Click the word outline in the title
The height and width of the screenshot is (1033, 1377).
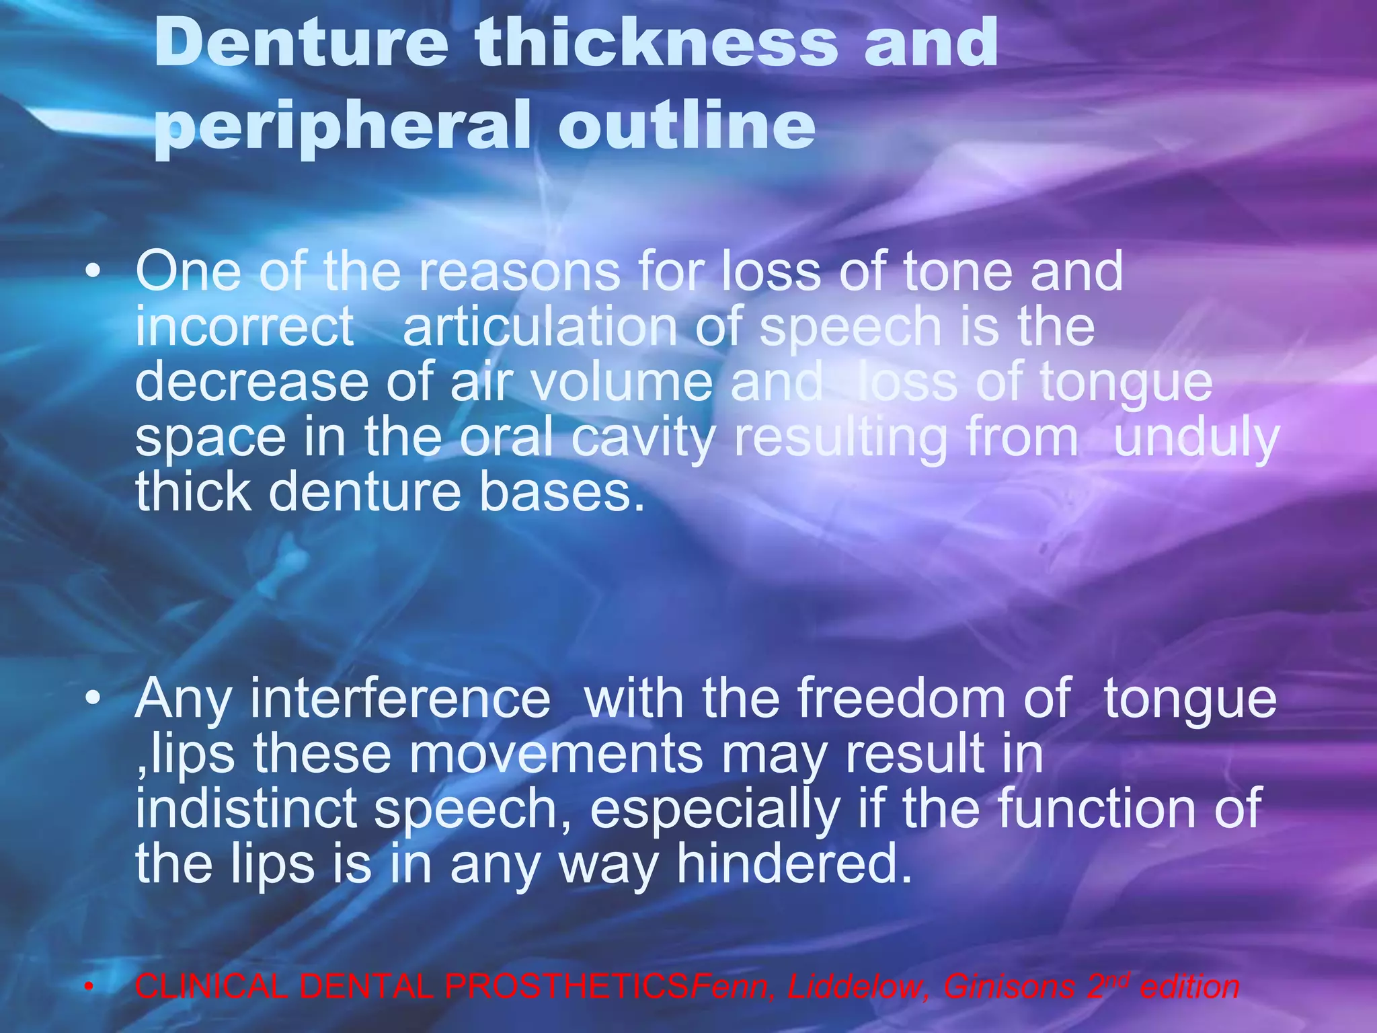pos(686,124)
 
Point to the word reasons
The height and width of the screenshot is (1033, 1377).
pos(520,271)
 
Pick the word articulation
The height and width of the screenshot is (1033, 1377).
pos(540,327)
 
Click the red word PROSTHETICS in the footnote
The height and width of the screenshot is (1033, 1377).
pos(567,987)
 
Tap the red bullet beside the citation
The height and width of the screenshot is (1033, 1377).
pos(88,987)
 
